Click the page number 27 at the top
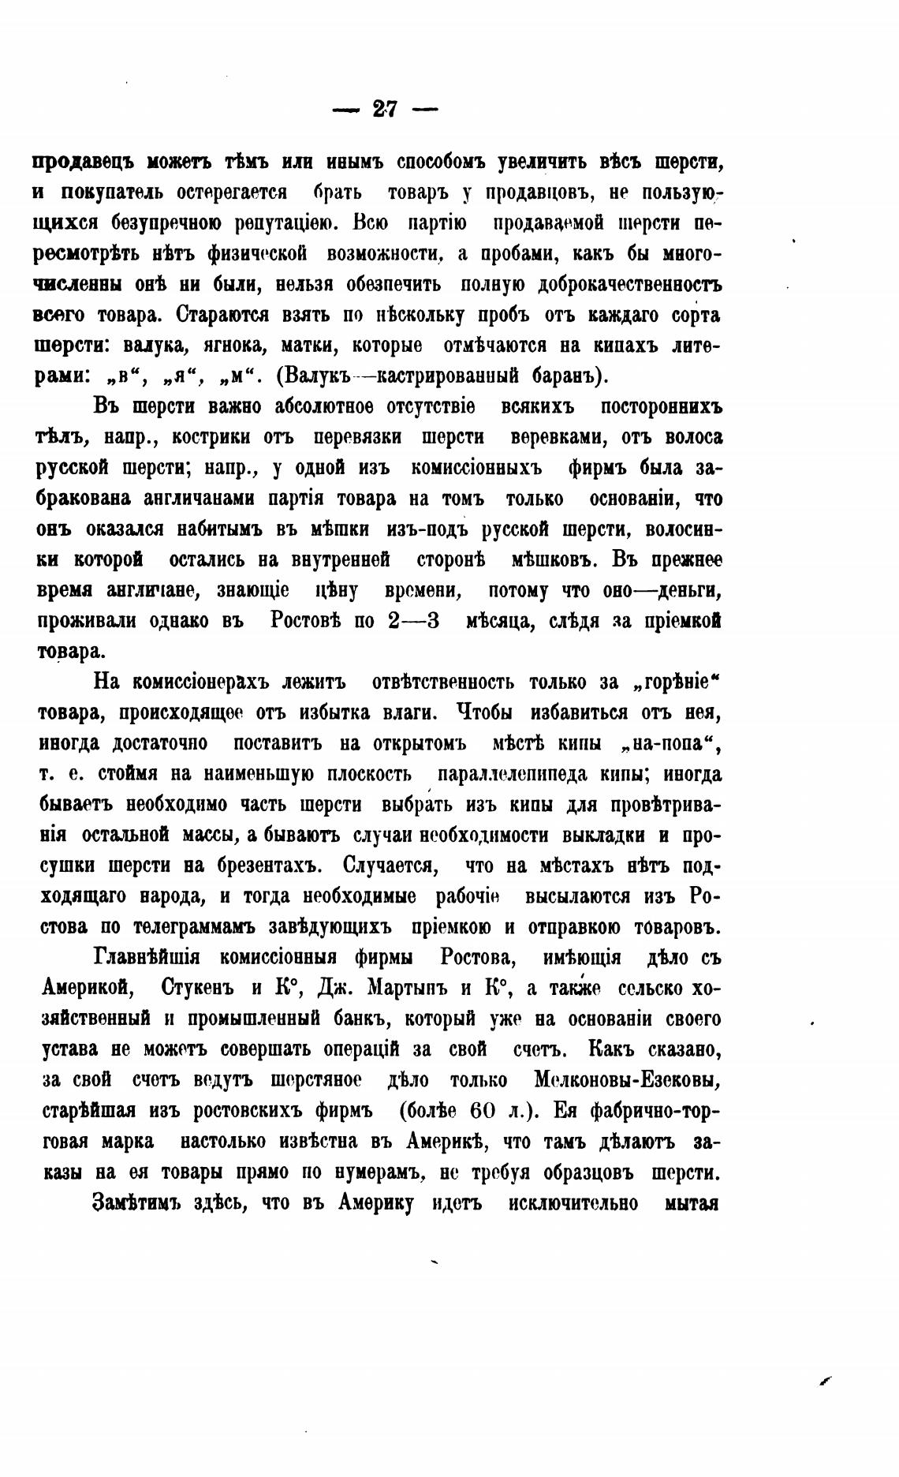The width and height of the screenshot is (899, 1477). [385, 109]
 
